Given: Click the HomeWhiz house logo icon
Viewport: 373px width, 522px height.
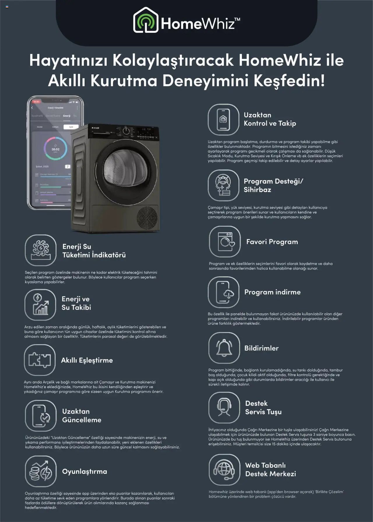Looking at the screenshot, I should [145, 20].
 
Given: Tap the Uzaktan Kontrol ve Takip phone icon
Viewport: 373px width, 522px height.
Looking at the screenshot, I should [223, 119].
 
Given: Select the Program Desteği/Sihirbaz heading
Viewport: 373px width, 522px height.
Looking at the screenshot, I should [273, 185].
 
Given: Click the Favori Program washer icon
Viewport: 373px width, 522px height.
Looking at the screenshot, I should [225, 241].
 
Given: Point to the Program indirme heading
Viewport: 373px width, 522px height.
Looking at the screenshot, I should [272, 292].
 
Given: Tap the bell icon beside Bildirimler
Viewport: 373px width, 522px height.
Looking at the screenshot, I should [224, 348].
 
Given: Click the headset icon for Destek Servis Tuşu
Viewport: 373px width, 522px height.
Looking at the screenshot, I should [224, 407].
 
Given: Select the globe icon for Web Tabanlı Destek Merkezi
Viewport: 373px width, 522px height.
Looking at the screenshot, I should [224, 469].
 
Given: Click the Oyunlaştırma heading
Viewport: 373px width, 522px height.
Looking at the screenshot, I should [85, 471].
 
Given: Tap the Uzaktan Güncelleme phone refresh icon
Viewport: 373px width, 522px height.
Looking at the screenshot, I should [41, 416].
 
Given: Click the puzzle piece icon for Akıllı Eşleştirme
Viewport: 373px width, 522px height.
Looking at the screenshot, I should [40, 360].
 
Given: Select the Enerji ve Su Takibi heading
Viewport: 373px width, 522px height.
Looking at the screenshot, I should [76, 303].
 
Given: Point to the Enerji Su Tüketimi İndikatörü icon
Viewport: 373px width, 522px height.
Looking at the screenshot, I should [41, 250].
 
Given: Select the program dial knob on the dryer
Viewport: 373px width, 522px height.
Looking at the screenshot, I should [126, 131].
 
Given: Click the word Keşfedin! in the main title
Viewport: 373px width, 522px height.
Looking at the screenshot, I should [289, 80].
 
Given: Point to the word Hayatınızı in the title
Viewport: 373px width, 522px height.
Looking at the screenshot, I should [69, 60].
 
